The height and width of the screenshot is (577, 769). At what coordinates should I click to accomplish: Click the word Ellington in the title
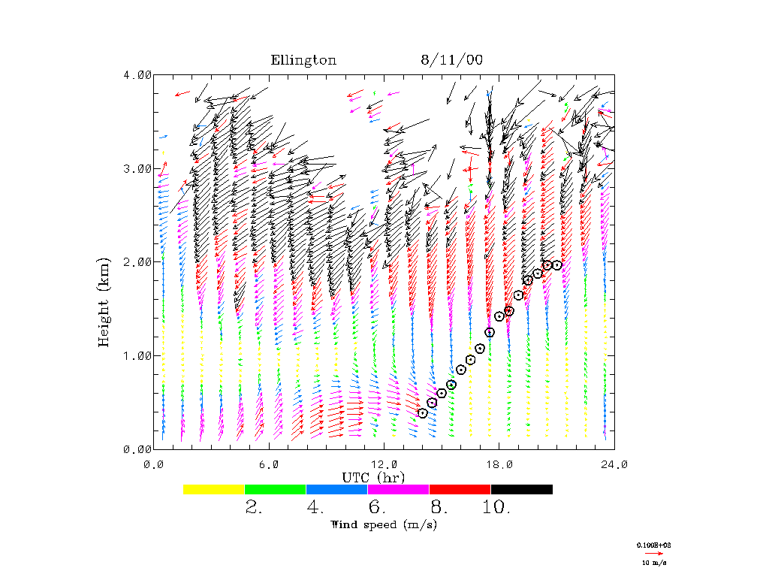click(303, 61)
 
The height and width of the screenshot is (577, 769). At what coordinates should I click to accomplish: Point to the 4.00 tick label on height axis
click(137, 74)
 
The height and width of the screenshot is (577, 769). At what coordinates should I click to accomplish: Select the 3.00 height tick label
click(137, 168)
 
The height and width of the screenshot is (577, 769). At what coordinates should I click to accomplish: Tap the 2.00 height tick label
click(137, 261)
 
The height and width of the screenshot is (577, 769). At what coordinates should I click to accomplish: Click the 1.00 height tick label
click(137, 355)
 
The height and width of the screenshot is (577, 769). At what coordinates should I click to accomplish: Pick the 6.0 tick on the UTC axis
click(269, 464)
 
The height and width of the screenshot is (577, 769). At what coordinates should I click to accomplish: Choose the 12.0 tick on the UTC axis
click(384, 464)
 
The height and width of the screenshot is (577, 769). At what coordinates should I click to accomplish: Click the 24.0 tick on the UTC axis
click(614, 464)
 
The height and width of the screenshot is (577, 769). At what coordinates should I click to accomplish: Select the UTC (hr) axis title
click(373, 477)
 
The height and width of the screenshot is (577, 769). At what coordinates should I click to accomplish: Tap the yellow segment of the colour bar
click(214, 489)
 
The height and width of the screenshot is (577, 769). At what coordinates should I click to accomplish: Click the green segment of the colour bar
click(276, 489)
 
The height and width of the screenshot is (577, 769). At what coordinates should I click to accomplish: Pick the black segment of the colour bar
click(522, 489)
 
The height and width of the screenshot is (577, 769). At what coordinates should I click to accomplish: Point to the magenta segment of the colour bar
click(399, 489)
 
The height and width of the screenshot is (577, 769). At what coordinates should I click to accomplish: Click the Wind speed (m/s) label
click(384, 524)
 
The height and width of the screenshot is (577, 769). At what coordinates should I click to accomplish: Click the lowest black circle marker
click(423, 412)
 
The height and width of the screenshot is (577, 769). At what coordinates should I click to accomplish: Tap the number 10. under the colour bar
click(496, 508)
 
